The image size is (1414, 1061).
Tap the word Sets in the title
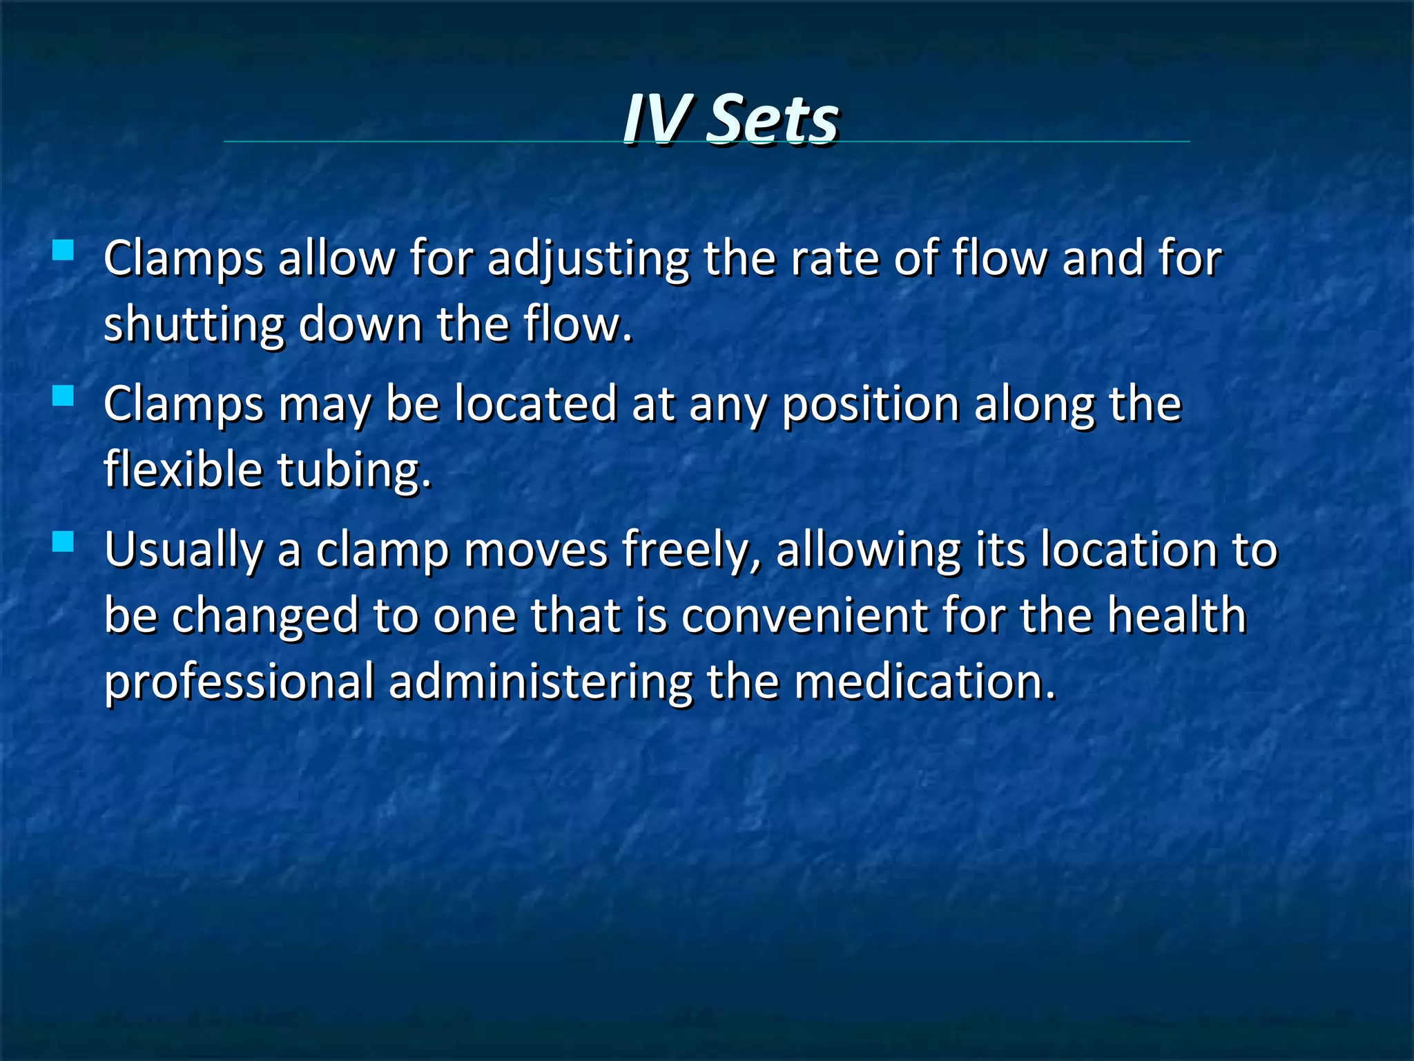[x=773, y=119]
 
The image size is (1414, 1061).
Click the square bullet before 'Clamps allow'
[x=63, y=249]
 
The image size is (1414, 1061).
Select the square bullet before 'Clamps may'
[x=63, y=396]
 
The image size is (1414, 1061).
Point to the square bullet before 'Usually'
[x=63, y=542]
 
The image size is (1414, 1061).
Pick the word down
[x=360, y=324]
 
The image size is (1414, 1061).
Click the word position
[x=871, y=405]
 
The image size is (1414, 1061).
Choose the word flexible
[x=183, y=469]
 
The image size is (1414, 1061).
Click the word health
[x=1176, y=615]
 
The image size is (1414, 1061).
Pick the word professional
[x=239, y=682]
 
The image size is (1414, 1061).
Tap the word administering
[x=541, y=682]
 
